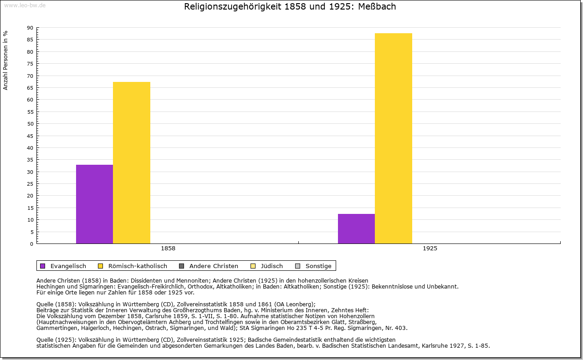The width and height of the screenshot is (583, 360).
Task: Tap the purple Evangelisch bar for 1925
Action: coord(356,228)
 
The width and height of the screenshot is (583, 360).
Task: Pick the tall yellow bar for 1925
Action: coord(394,138)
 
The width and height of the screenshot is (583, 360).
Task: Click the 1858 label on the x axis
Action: coord(168,249)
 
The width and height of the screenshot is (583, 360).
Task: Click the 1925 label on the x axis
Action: coord(430,249)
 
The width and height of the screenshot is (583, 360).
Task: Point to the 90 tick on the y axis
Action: coord(30,28)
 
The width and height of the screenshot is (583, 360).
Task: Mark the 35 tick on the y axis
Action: coord(30,160)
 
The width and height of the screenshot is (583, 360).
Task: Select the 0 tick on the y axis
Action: coord(31,244)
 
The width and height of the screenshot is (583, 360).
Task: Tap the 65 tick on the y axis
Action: coord(30,88)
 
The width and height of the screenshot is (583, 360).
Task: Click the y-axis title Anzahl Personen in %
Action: coord(5,60)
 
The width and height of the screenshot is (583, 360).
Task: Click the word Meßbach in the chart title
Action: coord(378,7)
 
